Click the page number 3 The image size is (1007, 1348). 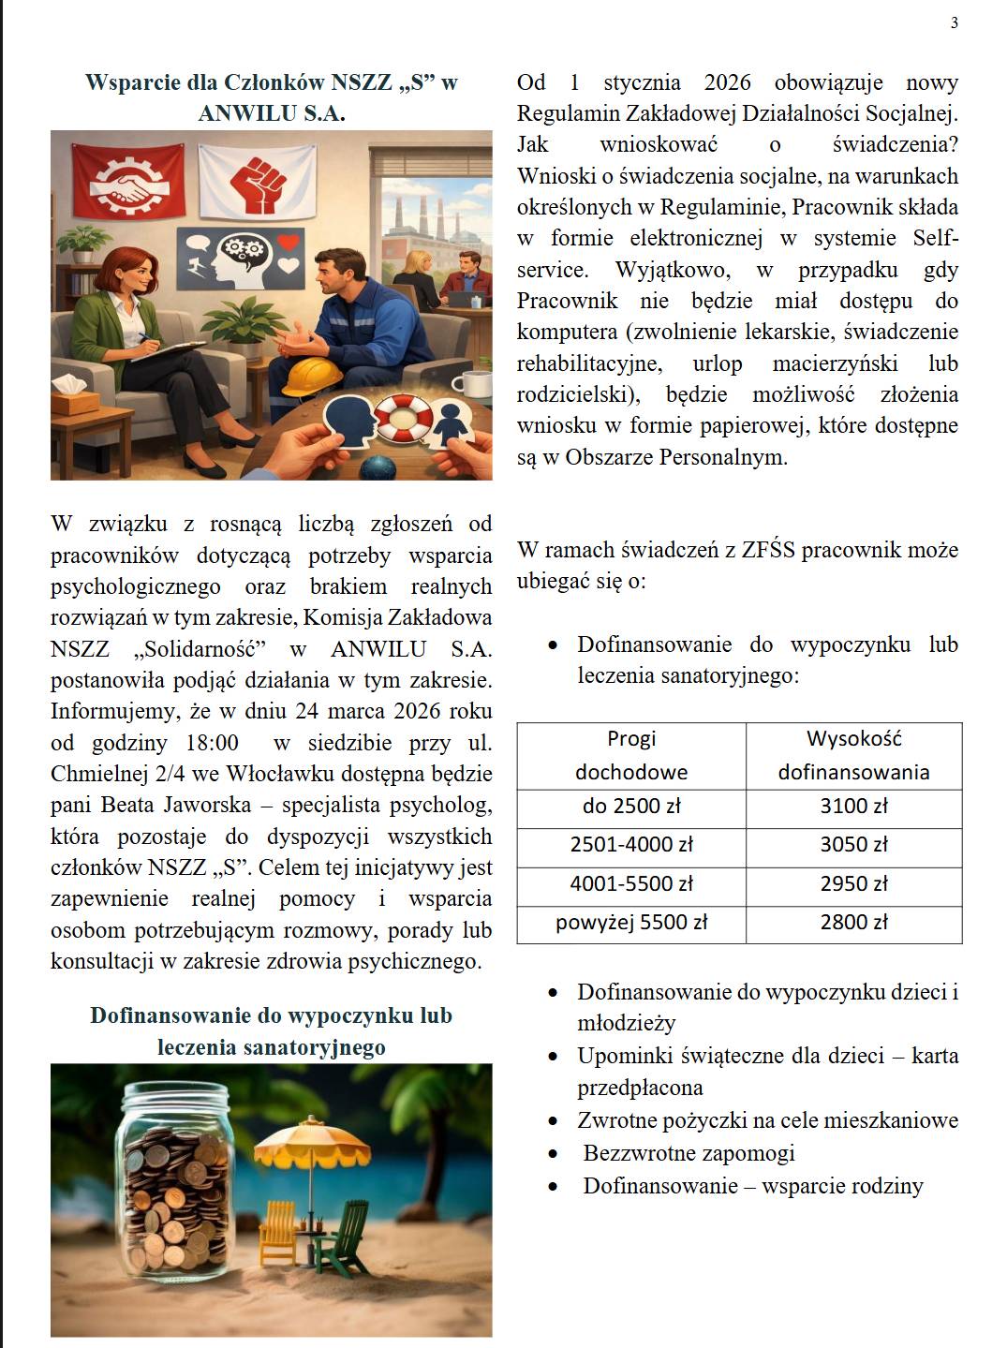(x=954, y=23)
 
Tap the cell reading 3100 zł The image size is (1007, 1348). (x=853, y=807)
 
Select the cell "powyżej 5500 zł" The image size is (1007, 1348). (x=631, y=923)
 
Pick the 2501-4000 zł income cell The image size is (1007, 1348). (x=631, y=845)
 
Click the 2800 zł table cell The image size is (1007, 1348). (x=853, y=923)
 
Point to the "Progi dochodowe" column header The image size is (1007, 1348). (x=631, y=755)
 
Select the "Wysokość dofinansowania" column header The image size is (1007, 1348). (x=853, y=755)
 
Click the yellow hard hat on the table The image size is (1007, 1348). (x=310, y=377)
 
